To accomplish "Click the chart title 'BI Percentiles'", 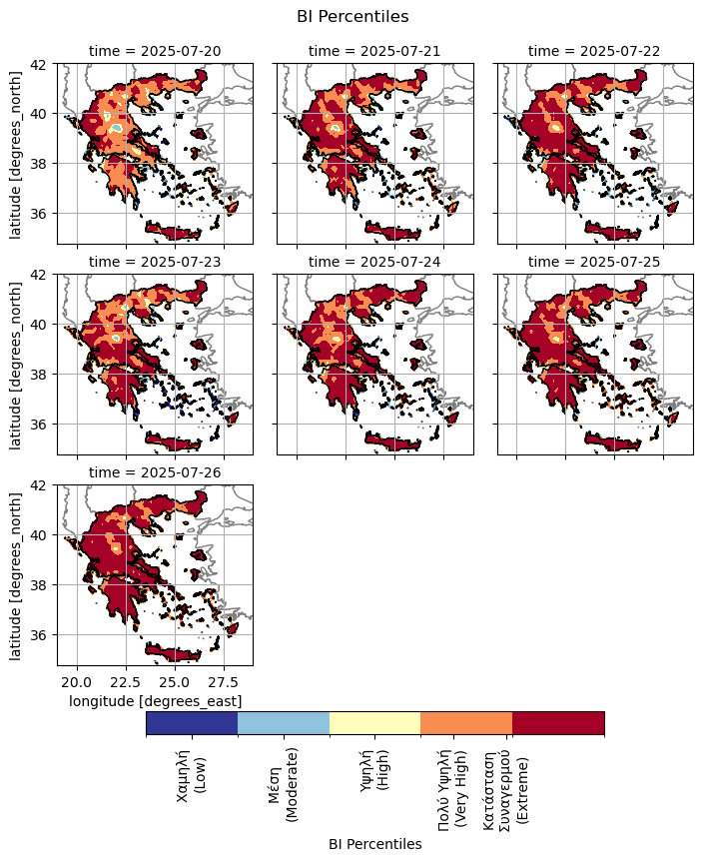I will (352, 16).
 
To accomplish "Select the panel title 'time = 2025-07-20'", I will (155, 50).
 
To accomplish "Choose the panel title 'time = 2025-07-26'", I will (155, 471).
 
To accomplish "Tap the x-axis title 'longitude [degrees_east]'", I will (155, 701).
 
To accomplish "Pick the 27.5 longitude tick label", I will (224, 682).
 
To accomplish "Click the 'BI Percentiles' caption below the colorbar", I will (374, 844).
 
